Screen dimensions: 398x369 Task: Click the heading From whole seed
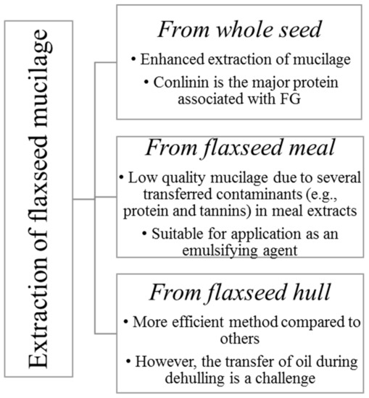(x=239, y=30)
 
